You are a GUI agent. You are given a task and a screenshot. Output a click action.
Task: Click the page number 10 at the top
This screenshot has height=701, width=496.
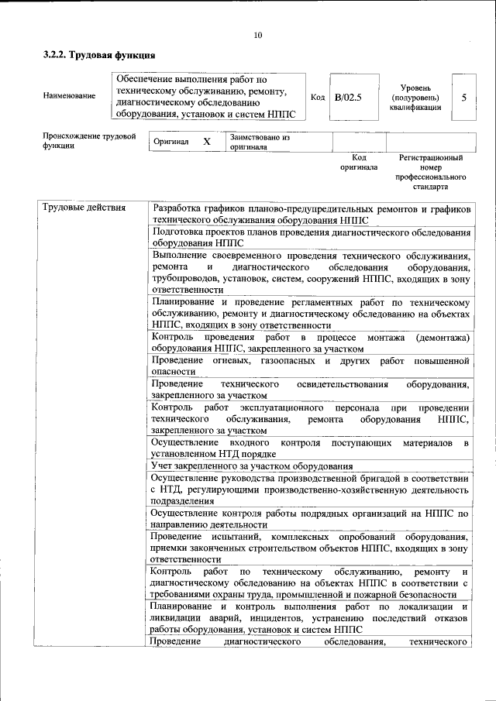[x=257, y=34]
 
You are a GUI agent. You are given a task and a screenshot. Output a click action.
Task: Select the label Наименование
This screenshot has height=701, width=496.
[x=70, y=96]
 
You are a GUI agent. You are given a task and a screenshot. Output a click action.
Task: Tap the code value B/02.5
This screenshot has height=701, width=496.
[x=348, y=97]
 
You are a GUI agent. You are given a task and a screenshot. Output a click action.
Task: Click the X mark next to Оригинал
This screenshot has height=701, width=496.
[x=206, y=142]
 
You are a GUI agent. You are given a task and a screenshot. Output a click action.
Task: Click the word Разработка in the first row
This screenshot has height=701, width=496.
[x=179, y=208]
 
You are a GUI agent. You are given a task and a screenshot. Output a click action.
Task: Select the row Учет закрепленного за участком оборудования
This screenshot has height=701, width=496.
[x=252, y=466]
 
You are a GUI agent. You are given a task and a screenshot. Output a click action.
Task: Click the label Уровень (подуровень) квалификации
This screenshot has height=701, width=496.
[x=415, y=98]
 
